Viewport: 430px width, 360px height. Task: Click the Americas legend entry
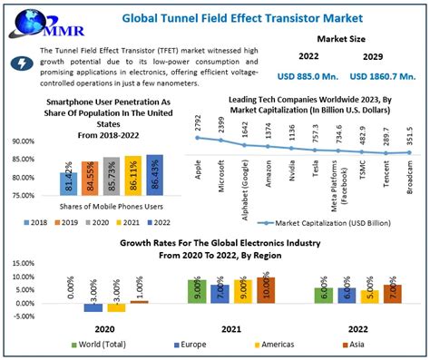click(264, 345)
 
